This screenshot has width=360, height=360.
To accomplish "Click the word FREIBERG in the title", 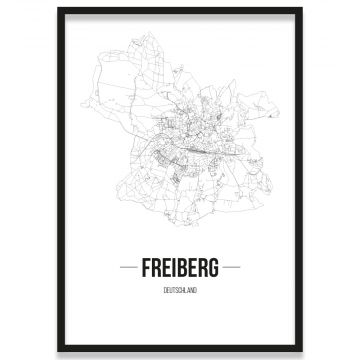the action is [181, 269].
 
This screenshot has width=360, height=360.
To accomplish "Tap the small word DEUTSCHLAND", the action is [181, 289].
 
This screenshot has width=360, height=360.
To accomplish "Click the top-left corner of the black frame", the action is [58, 9].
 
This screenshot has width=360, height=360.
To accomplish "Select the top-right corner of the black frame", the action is [303, 9].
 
